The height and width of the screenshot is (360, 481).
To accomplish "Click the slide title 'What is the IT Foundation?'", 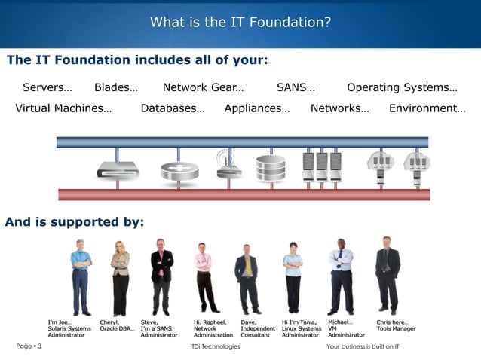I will pos(240,22).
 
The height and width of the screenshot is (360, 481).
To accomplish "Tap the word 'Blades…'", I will pos(115,87).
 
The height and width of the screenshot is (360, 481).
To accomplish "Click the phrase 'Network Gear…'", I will pos(203,87).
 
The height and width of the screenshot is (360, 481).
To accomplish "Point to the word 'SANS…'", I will pos(296,87).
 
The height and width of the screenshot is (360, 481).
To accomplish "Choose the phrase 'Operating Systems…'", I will pos(402,87).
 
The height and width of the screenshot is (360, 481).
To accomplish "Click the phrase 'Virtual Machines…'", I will pos(63,108).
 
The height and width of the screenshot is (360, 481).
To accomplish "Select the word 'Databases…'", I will pos(173,108).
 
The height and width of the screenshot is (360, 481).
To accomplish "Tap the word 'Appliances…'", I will pos(257,108).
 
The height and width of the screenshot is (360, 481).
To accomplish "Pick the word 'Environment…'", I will pos(427,108).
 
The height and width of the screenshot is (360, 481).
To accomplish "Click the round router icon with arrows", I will pos(179,169).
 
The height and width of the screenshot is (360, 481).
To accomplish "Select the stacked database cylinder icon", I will pos(271,168).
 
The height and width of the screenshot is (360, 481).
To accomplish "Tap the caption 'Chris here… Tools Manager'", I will pos(396,325).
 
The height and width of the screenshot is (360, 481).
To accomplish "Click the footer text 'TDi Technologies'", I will pos(216,346).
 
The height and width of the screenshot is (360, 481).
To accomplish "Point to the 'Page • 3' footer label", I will pos(29,346).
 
